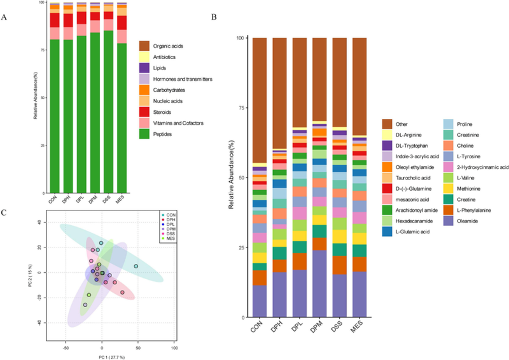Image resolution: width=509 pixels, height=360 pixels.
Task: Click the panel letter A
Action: click(4, 17)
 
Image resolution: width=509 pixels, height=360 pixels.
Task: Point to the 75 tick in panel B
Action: click(239, 107)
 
